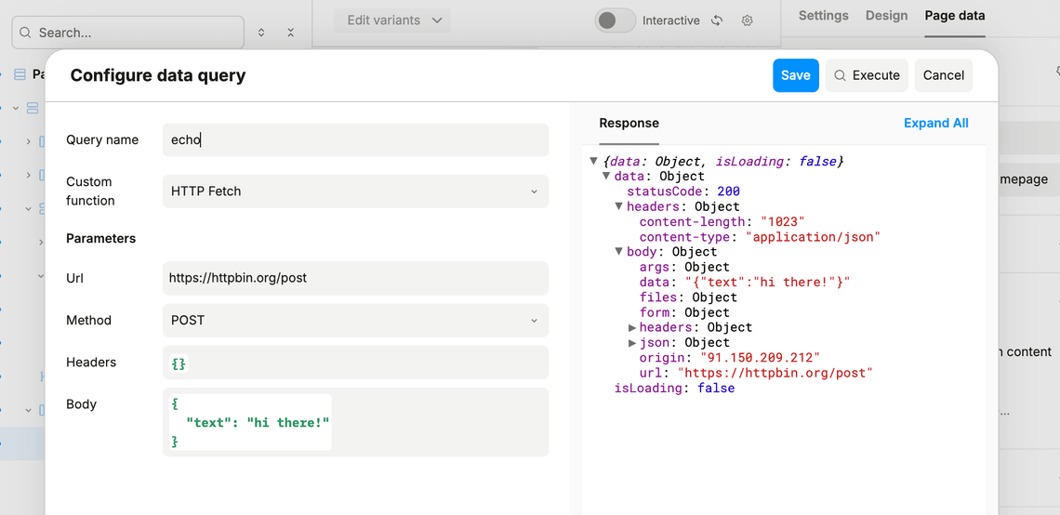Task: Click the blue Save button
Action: pyautogui.click(x=796, y=75)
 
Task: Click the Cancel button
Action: pyautogui.click(x=943, y=75)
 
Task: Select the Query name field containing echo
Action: pyautogui.click(x=355, y=139)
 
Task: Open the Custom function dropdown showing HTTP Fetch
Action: pyautogui.click(x=355, y=191)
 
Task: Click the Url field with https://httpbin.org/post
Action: pyautogui.click(x=355, y=278)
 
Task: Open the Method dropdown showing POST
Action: pyautogui.click(x=355, y=321)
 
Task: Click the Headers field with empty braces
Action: pyautogui.click(x=355, y=363)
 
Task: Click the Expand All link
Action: pyautogui.click(x=935, y=123)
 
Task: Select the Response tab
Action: pyautogui.click(x=629, y=123)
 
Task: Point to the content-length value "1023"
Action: pyautogui.click(x=783, y=221)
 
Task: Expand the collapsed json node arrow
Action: pyautogui.click(x=633, y=343)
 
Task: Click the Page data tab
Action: pyautogui.click(x=955, y=16)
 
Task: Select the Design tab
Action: pyautogui.click(x=886, y=16)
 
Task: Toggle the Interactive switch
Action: pyautogui.click(x=616, y=20)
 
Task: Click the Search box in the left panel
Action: pyautogui.click(x=128, y=33)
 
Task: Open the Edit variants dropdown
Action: pyautogui.click(x=392, y=20)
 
